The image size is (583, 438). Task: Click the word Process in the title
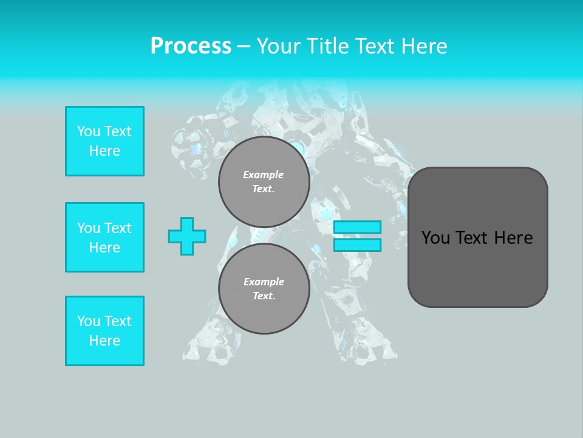pos(191,46)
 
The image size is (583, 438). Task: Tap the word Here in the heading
pos(421,46)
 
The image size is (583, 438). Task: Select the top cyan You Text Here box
pos(104,141)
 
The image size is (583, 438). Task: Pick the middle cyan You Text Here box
pos(104,237)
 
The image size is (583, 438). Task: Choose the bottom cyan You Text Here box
pos(104,331)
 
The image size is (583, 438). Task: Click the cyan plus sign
pos(187,236)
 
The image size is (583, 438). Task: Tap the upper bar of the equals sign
pos(357,227)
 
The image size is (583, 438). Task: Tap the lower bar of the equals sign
pos(357,245)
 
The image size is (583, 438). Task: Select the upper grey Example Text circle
pos(264,182)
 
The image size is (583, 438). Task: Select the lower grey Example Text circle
pos(264,289)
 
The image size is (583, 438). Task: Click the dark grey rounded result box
pos(477,237)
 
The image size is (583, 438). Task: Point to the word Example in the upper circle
pos(264,175)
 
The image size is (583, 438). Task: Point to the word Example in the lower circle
pos(264,282)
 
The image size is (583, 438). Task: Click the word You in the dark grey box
pos(435,238)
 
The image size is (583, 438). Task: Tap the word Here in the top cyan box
pos(104,151)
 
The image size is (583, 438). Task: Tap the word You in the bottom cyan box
pos(89,321)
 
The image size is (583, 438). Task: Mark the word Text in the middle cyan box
pos(118,228)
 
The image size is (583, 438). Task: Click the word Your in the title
pos(278,46)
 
